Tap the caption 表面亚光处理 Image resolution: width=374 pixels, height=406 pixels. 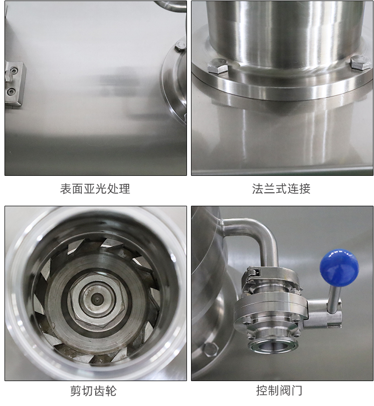(x=95, y=189)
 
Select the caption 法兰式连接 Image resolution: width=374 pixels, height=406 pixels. (x=281, y=189)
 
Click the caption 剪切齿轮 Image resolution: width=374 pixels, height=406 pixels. (x=93, y=391)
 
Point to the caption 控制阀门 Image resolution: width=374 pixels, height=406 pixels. (x=279, y=391)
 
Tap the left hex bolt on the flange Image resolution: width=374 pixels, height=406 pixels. (x=218, y=66)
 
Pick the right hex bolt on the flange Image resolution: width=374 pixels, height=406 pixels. (x=361, y=63)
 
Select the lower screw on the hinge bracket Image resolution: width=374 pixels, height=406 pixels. (x=11, y=91)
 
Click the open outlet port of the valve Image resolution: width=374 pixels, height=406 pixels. (x=273, y=346)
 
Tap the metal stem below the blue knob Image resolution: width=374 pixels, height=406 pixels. (x=334, y=298)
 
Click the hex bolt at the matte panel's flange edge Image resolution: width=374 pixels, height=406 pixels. (x=181, y=45)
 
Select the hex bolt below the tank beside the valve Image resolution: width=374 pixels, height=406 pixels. (x=210, y=350)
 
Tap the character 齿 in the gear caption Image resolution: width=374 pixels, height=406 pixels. (x=99, y=391)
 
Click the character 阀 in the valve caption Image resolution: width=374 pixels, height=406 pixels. (x=285, y=391)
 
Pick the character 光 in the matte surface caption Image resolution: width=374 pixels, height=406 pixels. (x=101, y=189)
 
